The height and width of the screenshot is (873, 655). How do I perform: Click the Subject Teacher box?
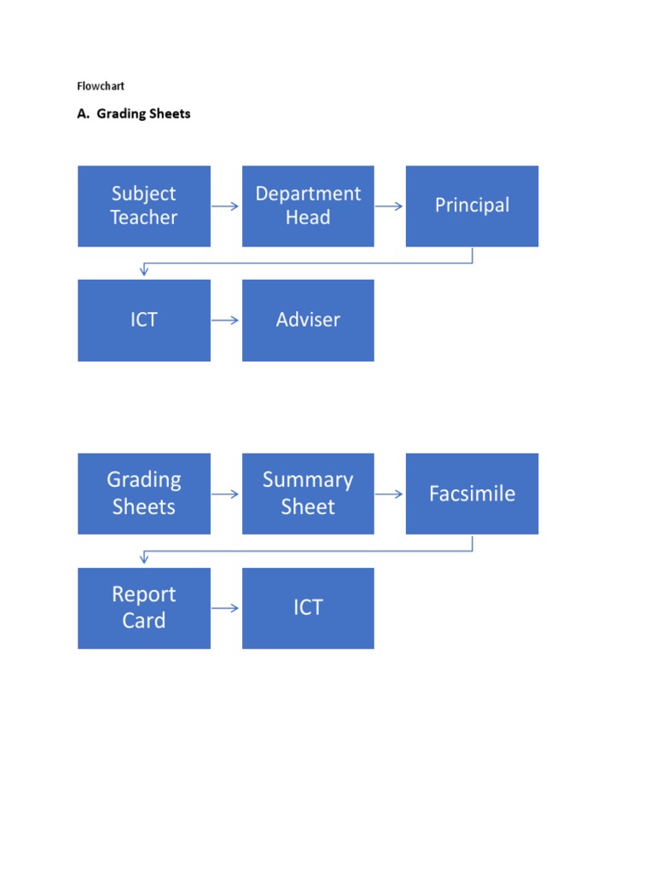[x=143, y=206]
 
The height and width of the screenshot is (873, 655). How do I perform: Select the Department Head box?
[x=308, y=206]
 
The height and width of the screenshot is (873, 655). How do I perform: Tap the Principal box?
[x=472, y=206]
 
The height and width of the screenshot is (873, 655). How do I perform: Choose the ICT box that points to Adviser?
[x=143, y=321]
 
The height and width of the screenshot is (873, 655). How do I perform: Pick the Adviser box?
[x=308, y=321]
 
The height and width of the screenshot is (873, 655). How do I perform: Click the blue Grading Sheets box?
[x=143, y=494]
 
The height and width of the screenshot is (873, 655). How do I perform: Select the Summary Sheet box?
[x=308, y=494]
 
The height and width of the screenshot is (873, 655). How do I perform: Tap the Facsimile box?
[x=472, y=494]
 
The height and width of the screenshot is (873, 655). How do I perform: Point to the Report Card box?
[x=143, y=608]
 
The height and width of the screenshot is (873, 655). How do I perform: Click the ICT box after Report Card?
[x=308, y=608]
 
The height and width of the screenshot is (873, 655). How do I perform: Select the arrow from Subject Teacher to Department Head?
[x=226, y=206]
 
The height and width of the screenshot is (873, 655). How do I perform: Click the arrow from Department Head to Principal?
[x=390, y=206]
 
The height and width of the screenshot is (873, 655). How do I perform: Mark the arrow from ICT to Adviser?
[x=226, y=321]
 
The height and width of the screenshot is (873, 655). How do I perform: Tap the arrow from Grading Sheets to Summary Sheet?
[x=226, y=494]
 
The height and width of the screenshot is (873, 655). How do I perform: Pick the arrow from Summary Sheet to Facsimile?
[x=390, y=494]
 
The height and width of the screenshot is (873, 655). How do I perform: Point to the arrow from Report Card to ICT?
[x=226, y=608]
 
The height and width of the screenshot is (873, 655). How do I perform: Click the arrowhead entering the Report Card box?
[x=144, y=560]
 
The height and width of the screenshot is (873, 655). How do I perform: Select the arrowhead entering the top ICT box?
[x=144, y=272]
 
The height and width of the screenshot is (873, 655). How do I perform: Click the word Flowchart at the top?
[x=101, y=86]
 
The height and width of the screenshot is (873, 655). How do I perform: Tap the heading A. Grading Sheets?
[x=134, y=113]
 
